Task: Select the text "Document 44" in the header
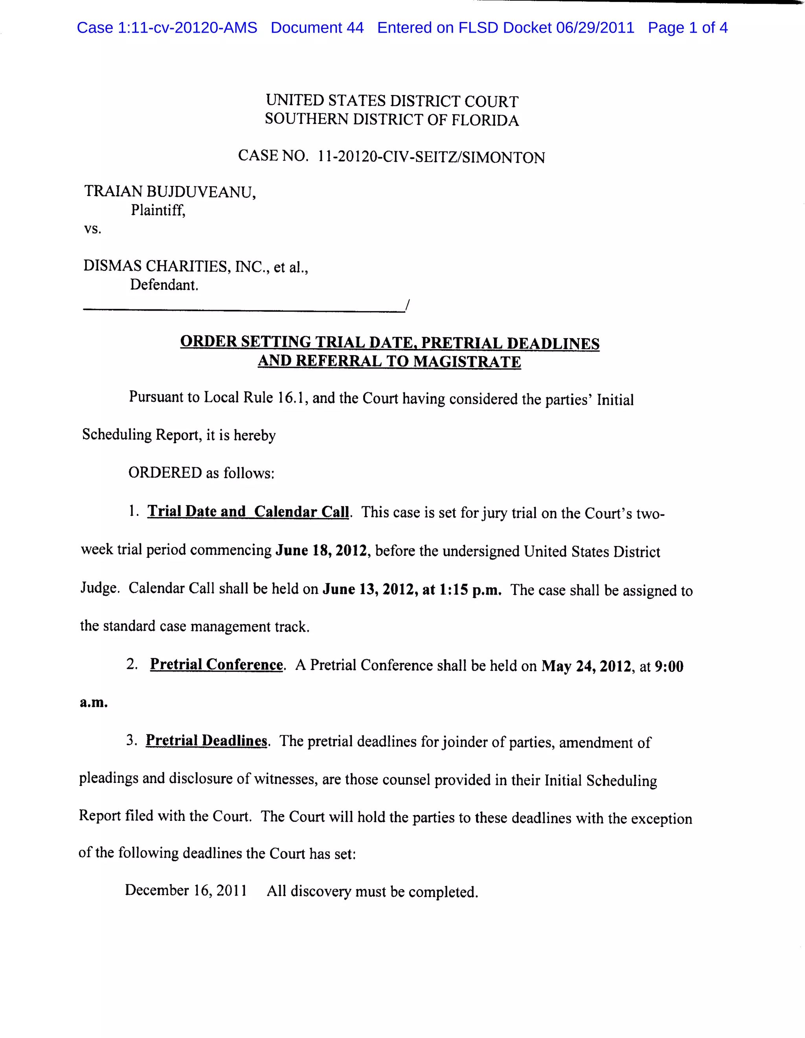(317, 28)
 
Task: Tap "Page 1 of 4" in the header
(687, 28)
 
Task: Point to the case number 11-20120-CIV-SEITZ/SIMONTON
(431, 157)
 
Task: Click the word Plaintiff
(158, 210)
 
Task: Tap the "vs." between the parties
(93, 229)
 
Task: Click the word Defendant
(164, 285)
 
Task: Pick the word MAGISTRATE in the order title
(467, 362)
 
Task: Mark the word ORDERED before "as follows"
(165, 473)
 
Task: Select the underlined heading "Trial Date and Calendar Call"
(248, 512)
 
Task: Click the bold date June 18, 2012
(321, 551)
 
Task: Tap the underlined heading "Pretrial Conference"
(216, 665)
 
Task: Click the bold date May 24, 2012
(586, 666)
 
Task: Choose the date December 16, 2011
(186, 890)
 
